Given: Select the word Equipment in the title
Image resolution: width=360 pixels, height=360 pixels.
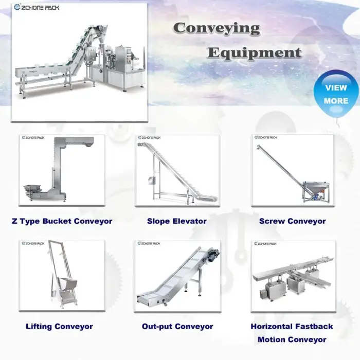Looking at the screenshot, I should [x=254, y=52].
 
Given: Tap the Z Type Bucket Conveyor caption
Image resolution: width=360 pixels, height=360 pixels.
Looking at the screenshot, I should [x=62, y=221].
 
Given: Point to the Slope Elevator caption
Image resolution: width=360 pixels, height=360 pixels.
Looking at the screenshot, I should [x=176, y=221].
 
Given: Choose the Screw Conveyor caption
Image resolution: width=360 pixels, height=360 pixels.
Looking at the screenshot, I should [x=292, y=221].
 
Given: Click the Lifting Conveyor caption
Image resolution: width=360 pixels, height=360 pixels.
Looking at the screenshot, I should [x=59, y=326].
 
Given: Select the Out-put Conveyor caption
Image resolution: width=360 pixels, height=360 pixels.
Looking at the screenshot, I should [x=177, y=326].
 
